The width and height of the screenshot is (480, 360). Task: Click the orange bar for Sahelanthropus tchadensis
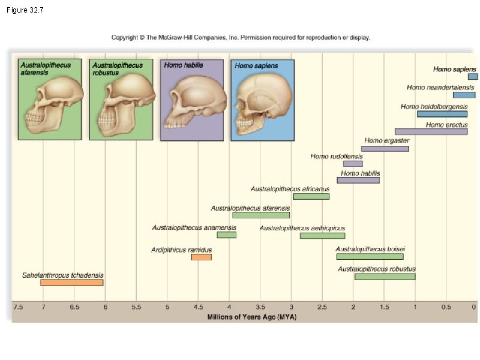tap(72, 283)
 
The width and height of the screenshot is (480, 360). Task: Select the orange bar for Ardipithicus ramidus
tap(201, 257)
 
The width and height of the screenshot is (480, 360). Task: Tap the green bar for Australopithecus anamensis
tap(227, 235)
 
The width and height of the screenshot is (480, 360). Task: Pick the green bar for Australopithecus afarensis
tap(261, 215)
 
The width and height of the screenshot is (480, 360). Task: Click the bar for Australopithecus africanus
tap(311, 196)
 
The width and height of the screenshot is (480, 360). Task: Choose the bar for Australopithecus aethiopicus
tap(322, 235)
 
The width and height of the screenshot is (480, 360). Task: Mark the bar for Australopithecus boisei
tap(370, 256)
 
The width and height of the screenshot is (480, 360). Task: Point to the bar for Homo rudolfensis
tap(353, 163)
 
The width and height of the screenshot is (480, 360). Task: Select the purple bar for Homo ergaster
tap(385, 148)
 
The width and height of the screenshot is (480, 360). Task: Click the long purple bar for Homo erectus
tap(431, 131)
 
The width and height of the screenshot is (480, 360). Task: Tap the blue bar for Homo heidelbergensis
tap(442, 114)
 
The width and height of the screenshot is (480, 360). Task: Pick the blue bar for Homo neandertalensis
tap(464, 95)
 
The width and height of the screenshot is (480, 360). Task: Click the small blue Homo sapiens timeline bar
tap(473, 77)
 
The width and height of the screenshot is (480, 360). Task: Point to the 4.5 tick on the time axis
tap(198, 307)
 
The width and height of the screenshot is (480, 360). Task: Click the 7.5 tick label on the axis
tap(18, 307)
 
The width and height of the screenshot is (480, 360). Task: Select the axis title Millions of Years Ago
tap(251, 316)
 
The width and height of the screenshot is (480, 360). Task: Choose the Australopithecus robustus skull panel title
tap(118, 68)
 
